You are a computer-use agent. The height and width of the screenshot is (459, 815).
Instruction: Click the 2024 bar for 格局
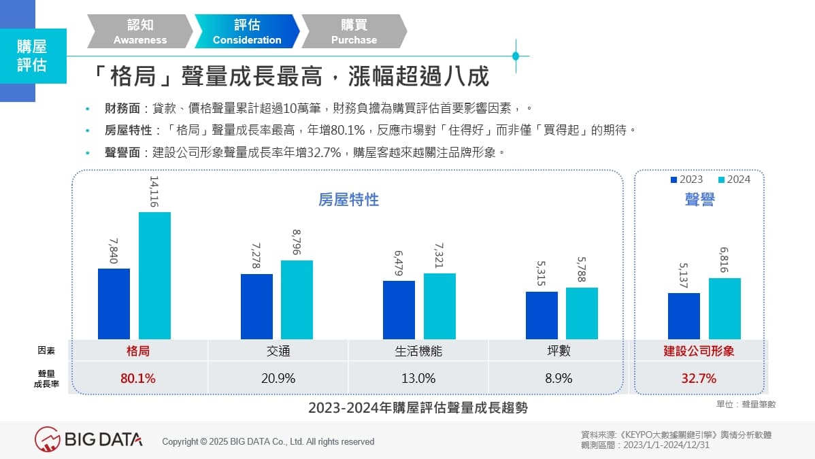click(154, 275)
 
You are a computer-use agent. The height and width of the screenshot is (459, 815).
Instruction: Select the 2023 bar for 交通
click(256, 306)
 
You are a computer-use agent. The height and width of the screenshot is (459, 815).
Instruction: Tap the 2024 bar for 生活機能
click(439, 306)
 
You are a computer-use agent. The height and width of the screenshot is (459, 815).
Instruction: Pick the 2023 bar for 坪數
click(542, 315)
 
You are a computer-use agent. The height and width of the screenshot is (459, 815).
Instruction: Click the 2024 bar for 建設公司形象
click(725, 308)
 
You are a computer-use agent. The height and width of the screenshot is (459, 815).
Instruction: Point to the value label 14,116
click(154, 192)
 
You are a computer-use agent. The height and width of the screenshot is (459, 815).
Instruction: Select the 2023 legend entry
click(686, 180)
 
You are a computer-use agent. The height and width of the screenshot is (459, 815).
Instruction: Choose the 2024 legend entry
click(734, 180)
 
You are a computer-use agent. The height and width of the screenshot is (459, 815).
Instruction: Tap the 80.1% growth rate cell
click(138, 378)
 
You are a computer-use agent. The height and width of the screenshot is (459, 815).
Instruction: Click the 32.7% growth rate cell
click(699, 378)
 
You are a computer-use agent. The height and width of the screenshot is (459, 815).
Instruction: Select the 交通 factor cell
click(278, 352)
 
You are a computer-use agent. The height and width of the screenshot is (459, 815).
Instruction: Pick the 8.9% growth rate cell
click(559, 378)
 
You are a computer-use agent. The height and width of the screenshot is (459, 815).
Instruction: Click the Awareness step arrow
click(140, 32)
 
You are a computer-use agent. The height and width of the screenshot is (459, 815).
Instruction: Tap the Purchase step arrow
click(354, 32)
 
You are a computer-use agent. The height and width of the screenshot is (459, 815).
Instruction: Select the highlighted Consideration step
click(247, 32)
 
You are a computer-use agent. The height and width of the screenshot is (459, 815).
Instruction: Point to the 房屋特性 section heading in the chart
click(348, 200)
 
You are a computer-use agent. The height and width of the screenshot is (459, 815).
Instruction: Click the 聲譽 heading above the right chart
click(699, 199)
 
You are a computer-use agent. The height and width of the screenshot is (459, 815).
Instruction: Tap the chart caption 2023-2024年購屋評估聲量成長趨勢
click(417, 408)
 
